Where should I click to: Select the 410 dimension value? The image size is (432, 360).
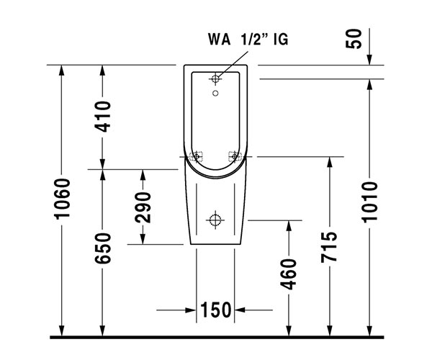point(102,117)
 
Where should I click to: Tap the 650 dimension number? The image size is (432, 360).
point(102,248)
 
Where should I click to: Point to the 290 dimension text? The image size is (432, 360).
point(143,207)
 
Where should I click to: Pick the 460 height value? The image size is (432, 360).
point(289,274)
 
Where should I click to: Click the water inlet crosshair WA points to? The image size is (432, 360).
point(216,78)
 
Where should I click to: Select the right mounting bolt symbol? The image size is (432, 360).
point(234,156)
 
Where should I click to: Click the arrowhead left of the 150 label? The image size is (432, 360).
point(191,310)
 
